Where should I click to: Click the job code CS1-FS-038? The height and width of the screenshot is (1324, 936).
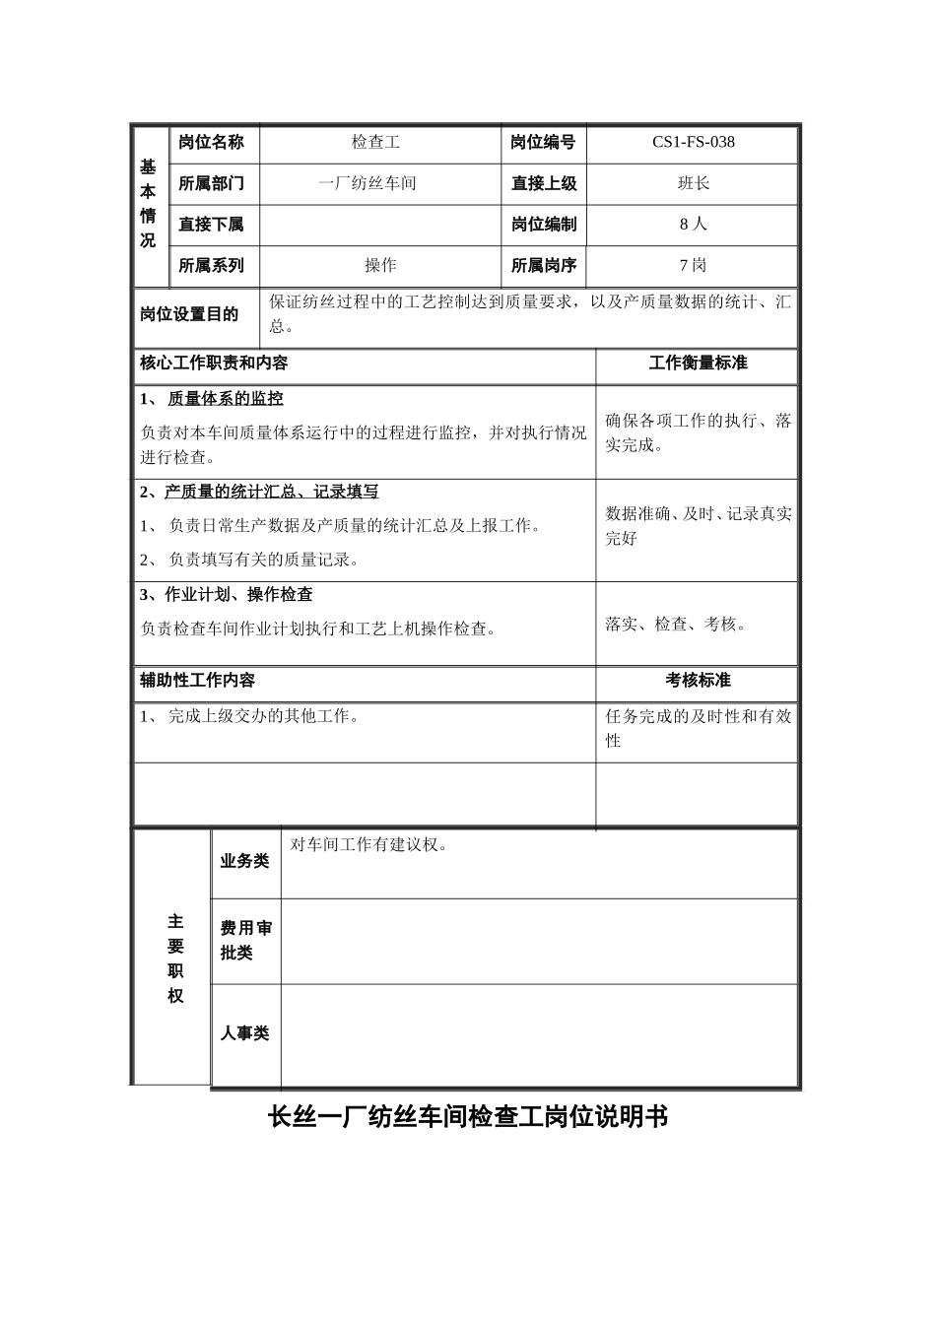[x=693, y=142]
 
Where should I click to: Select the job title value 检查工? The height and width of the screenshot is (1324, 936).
[x=375, y=142]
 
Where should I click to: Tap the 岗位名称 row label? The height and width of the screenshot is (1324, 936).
[x=211, y=142]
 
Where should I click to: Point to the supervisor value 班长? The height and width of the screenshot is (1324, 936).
[x=693, y=183]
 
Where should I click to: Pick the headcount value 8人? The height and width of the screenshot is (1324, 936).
[x=693, y=224]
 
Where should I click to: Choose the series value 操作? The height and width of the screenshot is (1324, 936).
[x=379, y=265]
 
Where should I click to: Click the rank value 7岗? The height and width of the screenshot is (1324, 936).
[x=693, y=265]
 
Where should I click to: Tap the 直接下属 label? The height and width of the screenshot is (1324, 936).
[x=211, y=225]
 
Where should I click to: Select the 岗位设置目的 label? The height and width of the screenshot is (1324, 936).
[x=189, y=314]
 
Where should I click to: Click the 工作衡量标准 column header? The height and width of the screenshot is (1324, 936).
[x=698, y=364]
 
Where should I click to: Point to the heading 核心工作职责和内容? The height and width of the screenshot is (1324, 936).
[x=214, y=364]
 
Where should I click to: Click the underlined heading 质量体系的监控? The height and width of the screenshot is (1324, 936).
[x=226, y=399]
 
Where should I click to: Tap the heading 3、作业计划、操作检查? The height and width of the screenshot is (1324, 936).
[x=227, y=595]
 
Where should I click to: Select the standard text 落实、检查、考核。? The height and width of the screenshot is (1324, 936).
[x=677, y=624]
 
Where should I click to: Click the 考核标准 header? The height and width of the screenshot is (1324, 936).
[x=698, y=681]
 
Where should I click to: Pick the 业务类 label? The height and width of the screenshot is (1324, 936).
[x=244, y=861]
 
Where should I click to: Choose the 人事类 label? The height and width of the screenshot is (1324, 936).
[x=244, y=1033]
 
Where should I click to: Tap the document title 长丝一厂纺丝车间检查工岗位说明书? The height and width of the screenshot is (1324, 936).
[x=468, y=1117]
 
